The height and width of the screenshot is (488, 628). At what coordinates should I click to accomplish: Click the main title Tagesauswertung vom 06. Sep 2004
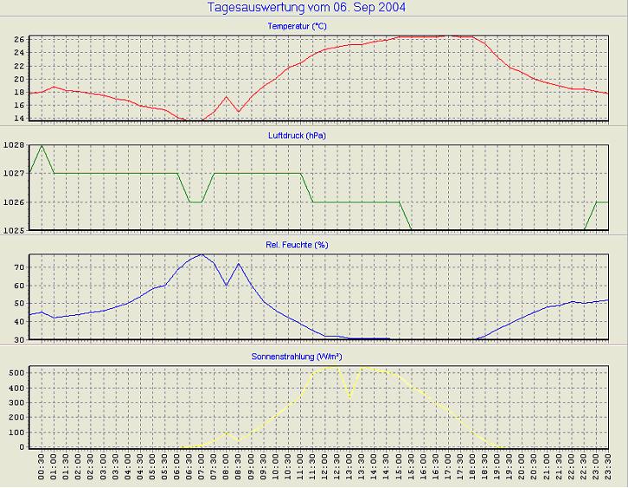307,8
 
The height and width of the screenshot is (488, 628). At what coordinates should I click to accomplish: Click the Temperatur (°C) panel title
301,27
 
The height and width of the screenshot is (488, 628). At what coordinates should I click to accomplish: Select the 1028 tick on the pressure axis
15,145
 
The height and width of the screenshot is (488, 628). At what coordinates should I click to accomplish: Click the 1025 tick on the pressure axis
15,230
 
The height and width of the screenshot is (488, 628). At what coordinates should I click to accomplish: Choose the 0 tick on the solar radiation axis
23,447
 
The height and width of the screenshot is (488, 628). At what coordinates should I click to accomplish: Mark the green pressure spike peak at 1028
42,145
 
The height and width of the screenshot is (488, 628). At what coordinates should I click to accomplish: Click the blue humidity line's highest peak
202,254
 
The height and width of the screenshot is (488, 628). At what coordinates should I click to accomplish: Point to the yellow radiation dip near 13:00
349,398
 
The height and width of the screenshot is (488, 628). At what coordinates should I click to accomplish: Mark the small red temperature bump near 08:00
227,96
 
